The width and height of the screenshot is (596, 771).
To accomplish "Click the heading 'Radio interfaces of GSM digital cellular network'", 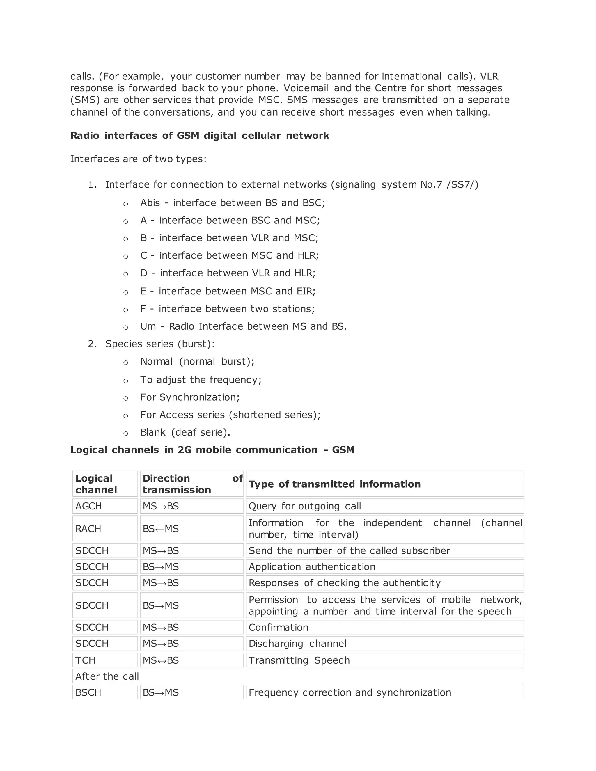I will click(199, 136).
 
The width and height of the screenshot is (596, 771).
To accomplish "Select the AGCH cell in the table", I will click(89, 506).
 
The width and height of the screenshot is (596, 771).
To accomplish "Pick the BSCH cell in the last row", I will click(88, 692).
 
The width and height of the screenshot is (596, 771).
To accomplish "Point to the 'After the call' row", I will click(107, 676).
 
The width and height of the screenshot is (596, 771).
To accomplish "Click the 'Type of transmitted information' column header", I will click(334, 484).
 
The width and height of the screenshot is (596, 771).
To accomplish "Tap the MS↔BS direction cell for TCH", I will click(161, 660).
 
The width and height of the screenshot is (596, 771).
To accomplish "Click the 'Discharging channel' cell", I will click(297, 644).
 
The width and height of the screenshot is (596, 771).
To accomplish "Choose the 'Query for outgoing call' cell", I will click(305, 506).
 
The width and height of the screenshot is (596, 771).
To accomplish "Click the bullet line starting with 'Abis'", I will click(232, 202).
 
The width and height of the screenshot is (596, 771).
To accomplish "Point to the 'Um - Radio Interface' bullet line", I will click(244, 326).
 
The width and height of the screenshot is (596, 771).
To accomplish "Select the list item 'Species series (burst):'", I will click(159, 344).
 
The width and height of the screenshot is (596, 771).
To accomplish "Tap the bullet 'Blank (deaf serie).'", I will click(185, 432).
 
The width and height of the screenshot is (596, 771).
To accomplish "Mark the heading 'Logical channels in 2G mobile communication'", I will click(212, 450).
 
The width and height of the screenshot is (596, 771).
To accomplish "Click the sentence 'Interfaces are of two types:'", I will click(138, 159).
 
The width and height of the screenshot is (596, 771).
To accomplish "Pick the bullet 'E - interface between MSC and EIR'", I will click(228, 291).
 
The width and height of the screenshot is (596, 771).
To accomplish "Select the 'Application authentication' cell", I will click(312, 566).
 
